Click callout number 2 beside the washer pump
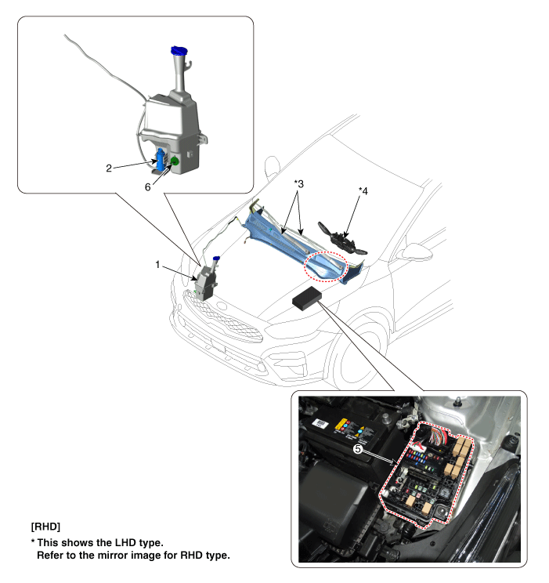[109, 168]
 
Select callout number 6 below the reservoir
[147, 187]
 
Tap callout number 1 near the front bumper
[157, 264]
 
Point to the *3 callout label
[299, 183]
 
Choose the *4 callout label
[363, 190]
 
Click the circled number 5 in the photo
[358, 449]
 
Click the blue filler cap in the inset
[179, 51]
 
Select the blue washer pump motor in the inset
[161, 160]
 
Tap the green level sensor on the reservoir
[175, 161]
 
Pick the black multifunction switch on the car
[342, 239]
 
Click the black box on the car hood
[308, 298]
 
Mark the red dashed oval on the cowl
[326, 266]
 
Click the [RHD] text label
[45, 527]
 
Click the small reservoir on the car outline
[205, 280]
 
